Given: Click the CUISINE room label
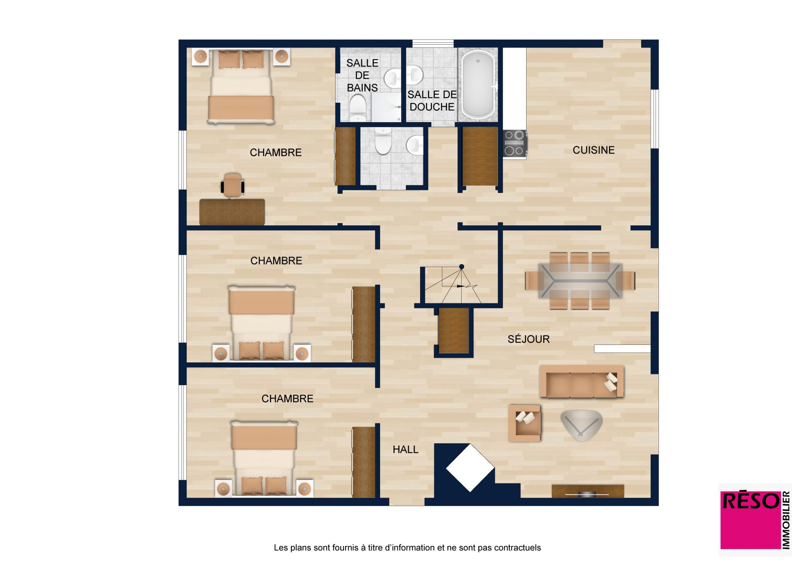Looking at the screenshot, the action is pos(594,150).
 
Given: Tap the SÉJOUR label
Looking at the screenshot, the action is pos(529,339).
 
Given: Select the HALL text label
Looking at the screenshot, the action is pos(405,449).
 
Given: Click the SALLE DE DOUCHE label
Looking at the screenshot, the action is pos(432,100).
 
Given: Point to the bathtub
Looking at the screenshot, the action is pos(478,84).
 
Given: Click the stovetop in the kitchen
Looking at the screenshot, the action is pos(515,143).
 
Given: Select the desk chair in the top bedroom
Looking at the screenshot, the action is pos(232,185).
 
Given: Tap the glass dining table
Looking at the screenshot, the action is pos(580,280).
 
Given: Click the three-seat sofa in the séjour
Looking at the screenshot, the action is pos(581,381).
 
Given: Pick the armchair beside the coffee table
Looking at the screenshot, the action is pos(525,423).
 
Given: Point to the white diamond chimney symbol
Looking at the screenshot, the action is pos(470,468).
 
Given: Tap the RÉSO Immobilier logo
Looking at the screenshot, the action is pos(755,520).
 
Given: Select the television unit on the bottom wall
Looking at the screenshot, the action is pos(587,491).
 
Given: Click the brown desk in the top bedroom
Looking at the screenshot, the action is pos(232,212).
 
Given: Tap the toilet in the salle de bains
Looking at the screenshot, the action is pos(358,108).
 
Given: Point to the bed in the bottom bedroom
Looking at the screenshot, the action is pos(264,458).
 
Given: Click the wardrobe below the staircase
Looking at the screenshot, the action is pos(454,331).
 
